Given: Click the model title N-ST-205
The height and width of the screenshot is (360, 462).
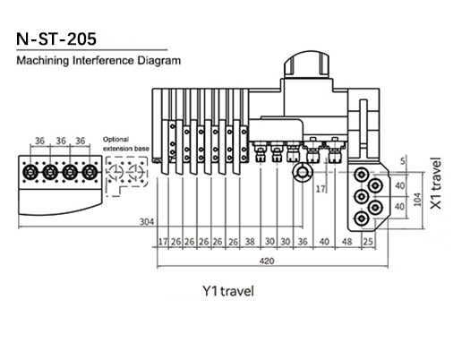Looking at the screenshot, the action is coord(56,39).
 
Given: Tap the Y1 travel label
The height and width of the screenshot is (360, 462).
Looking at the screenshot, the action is coord(228,291).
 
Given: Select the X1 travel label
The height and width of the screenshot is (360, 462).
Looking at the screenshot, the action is coord(436,183).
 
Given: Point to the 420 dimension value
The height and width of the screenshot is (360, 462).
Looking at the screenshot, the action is coord(267,261).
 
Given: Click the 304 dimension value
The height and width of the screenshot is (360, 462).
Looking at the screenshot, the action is coord(147,222).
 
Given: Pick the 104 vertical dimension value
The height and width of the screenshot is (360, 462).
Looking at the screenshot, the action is coord(417,200).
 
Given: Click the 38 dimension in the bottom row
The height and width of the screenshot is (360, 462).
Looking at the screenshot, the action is coord(250,242).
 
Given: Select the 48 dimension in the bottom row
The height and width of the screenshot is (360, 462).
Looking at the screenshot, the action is coord(346,242).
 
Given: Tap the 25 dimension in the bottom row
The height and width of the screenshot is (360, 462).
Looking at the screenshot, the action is coord(368,242).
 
